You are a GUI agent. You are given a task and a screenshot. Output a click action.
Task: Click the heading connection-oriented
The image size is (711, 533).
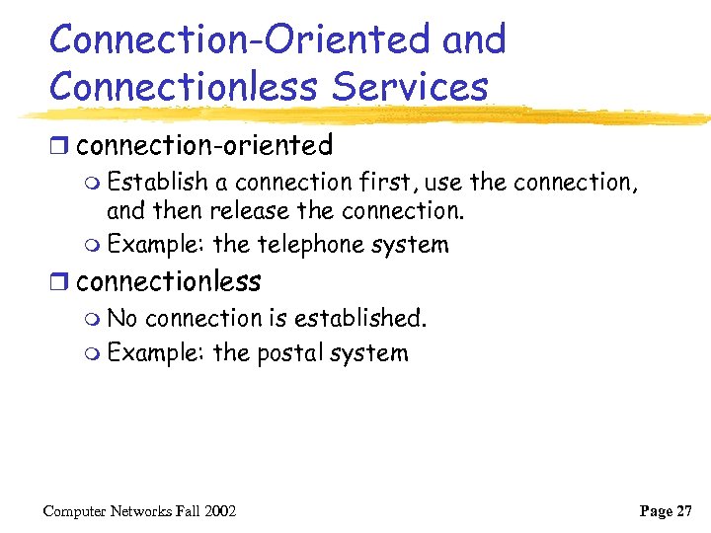click(203, 146)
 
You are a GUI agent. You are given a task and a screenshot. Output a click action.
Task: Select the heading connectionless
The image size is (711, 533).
click(168, 281)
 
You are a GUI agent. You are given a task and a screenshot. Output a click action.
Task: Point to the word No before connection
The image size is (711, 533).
click(123, 318)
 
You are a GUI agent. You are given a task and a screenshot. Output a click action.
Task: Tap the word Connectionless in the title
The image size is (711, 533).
click(184, 86)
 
